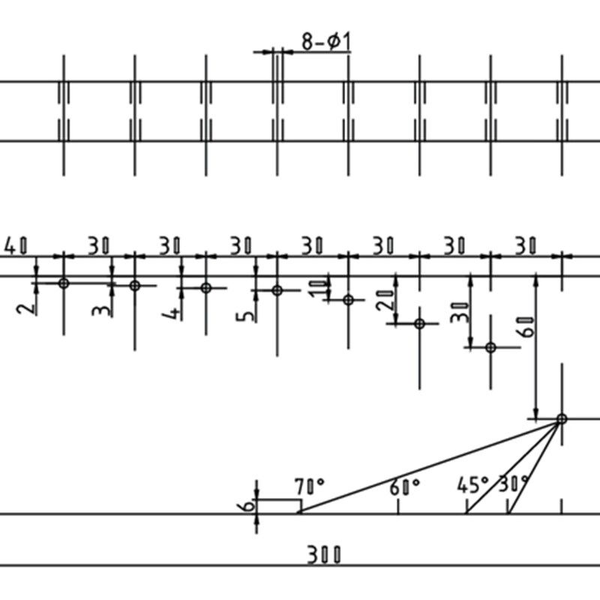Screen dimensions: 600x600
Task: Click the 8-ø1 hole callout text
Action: coord(326,42)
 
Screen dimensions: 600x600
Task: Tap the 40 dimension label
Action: coord(16,246)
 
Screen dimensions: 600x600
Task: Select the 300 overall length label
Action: coord(324,555)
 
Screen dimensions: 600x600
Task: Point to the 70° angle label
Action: coord(310,487)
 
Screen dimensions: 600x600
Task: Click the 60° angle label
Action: coord(404,487)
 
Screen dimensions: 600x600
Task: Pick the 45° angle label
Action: coord(473,484)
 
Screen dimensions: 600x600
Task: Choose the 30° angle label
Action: coord(514,484)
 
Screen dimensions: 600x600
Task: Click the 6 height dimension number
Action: coord(249,505)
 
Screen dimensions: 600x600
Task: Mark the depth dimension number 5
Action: coord(245,316)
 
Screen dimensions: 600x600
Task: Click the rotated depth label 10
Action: coord(318,288)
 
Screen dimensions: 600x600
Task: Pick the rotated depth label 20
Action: coord(385,301)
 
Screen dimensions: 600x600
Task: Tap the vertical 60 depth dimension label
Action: coord(527,327)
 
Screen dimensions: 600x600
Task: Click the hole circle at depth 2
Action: coord(64,283)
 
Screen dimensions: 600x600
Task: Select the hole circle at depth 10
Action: coord(348,300)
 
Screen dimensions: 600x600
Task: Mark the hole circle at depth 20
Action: coord(420,324)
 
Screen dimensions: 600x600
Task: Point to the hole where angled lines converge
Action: coord(562,419)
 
